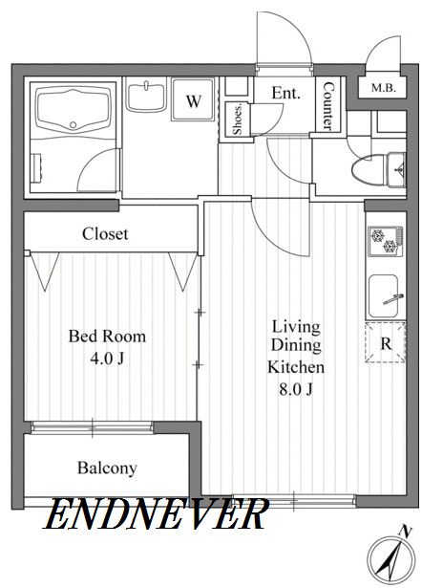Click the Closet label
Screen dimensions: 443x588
point(105,234)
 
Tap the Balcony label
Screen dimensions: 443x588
point(107,468)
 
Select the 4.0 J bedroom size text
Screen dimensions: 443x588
point(107,359)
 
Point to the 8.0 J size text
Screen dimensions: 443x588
point(295,390)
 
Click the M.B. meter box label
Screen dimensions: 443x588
point(383,89)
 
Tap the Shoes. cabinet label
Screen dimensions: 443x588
point(237,120)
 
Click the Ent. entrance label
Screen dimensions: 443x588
point(286,93)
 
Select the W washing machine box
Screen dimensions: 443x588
point(193,99)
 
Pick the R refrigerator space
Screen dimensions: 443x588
point(386,342)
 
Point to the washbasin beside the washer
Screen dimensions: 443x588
point(146,98)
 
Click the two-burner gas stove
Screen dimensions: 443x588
point(386,241)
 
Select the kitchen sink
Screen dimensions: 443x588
point(384,296)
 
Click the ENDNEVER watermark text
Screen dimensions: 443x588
point(157,513)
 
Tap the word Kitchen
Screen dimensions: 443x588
point(296,367)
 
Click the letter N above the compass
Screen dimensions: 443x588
point(406,531)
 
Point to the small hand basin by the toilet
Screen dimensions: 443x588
point(397,170)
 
